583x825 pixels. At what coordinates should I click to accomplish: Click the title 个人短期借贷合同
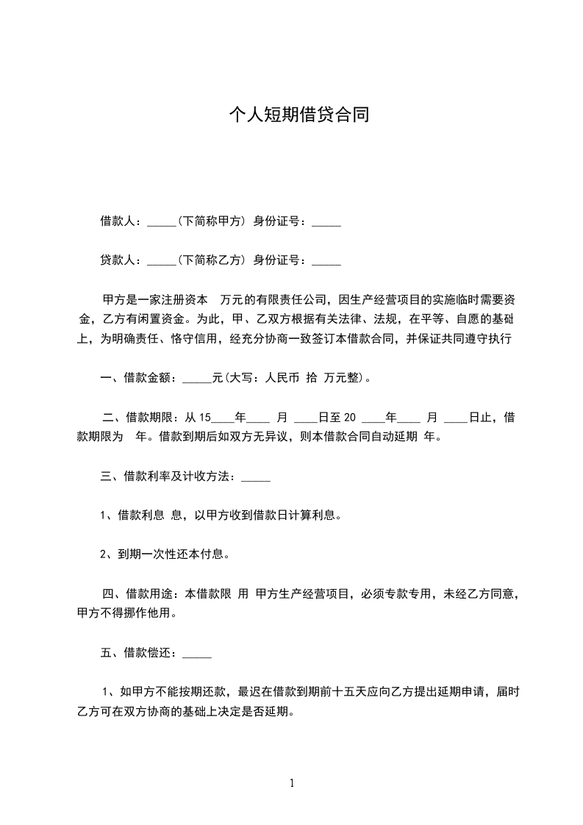(x=298, y=115)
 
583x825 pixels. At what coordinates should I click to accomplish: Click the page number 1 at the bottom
(x=292, y=784)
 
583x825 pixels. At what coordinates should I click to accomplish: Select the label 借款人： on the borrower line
(x=123, y=221)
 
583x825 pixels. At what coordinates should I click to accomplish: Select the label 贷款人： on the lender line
(x=123, y=260)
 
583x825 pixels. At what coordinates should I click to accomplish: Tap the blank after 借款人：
(x=161, y=222)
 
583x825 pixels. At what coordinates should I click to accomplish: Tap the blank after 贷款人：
(x=161, y=261)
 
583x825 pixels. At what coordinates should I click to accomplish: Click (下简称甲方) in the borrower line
(x=211, y=221)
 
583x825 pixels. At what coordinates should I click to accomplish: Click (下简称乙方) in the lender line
(x=211, y=260)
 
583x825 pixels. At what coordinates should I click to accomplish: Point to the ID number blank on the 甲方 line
(x=326, y=222)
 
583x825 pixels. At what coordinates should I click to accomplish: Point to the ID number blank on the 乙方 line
(x=326, y=261)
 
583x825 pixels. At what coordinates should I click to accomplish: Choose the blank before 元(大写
(x=196, y=379)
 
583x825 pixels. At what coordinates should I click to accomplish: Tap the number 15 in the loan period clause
(x=205, y=418)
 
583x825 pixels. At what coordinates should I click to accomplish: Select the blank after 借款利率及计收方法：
(x=256, y=478)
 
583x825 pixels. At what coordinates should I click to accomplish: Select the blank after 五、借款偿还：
(x=196, y=654)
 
